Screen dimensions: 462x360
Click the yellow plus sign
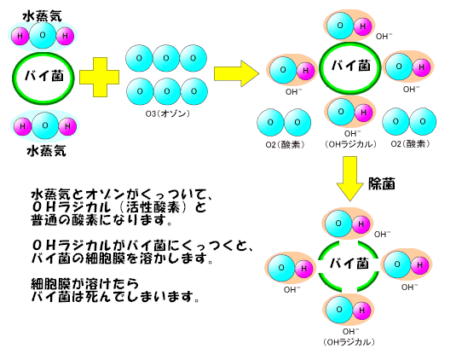coord(99,78)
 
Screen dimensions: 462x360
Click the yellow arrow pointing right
coord(236,73)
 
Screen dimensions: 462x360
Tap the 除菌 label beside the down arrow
coord(382,183)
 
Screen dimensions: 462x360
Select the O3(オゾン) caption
coord(168,113)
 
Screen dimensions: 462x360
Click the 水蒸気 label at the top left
coord(42,16)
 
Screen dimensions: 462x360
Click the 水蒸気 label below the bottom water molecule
coord(46,151)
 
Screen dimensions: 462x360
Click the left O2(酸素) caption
coord(285,145)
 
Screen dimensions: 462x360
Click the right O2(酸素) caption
coord(410,144)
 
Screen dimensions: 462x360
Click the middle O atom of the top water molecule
coord(43,35)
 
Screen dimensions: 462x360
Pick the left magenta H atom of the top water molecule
coord(20,36)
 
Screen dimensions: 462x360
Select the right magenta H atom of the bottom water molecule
coord(67,126)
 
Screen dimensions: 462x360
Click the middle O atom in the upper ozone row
coord(166,58)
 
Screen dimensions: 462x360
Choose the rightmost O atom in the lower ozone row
coord(193,91)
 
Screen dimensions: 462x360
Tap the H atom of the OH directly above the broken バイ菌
coord(361,224)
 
